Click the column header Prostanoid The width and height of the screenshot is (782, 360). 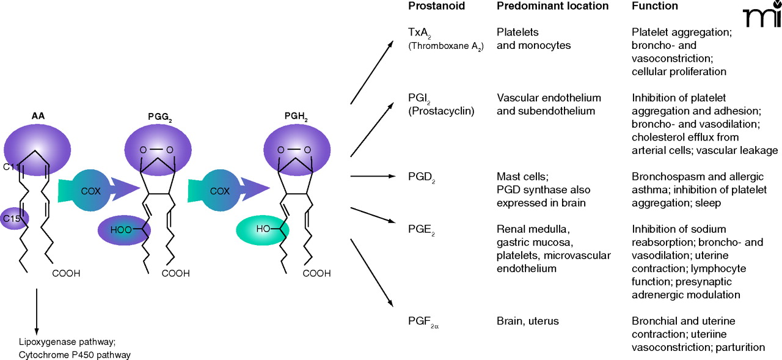[437, 6]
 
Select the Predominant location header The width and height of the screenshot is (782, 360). [553, 6]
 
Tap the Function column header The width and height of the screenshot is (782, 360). [655, 6]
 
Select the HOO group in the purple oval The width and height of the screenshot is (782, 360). [120, 230]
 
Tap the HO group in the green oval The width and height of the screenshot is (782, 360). [263, 229]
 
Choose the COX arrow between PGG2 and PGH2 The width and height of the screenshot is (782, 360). [219, 191]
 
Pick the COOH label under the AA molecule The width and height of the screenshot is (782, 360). [66, 274]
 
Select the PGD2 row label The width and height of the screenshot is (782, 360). [420, 177]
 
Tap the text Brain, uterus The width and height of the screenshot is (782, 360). [527, 321]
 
